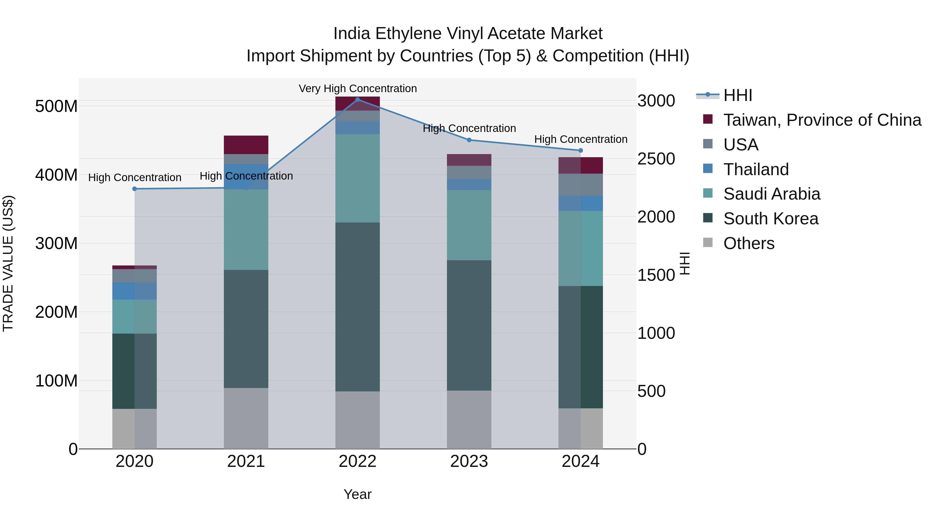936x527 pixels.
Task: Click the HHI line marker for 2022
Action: (x=357, y=100)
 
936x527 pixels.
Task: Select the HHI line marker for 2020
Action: (x=134, y=189)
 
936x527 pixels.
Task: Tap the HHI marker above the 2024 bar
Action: (x=580, y=150)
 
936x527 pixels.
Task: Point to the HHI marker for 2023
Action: (x=469, y=140)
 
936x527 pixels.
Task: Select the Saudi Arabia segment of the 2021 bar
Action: (x=246, y=230)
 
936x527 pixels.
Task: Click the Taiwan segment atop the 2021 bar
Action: (x=246, y=144)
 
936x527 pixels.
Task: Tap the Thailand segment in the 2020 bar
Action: (x=134, y=291)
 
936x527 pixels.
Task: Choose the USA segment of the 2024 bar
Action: (x=580, y=185)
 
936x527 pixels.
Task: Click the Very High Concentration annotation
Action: (x=357, y=88)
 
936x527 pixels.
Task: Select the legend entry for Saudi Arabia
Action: (x=771, y=194)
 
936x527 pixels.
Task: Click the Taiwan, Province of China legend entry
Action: (x=822, y=120)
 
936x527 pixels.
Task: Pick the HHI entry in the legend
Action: (x=737, y=95)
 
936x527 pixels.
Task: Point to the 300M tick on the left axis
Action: (x=56, y=243)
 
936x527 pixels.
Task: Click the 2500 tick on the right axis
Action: (x=656, y=159)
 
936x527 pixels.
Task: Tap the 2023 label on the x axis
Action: (x=469, y=461)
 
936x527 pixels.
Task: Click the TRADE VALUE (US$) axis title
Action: (x=8, y=263)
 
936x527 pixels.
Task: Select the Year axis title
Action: (x=357, y=494)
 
